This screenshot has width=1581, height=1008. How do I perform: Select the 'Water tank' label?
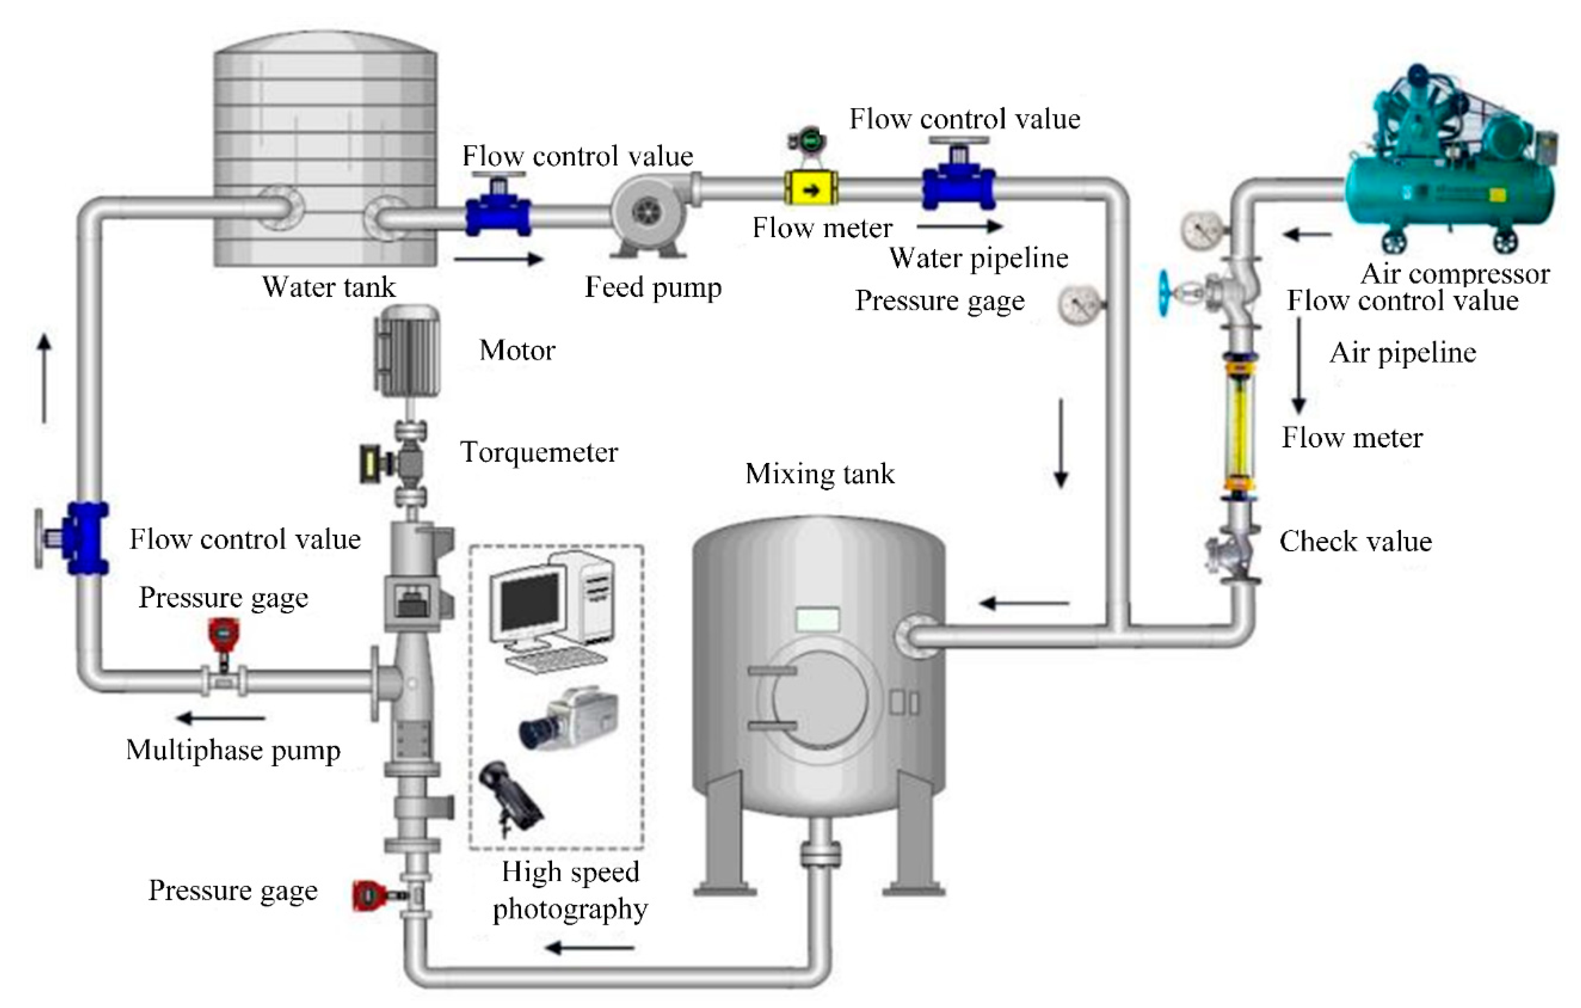328,287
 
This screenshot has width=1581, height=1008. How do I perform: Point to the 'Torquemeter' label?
539,452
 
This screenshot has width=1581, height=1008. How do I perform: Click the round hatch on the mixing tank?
819,699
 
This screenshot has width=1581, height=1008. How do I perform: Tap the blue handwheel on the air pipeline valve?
1165,293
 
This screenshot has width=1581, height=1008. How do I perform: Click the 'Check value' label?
1355,542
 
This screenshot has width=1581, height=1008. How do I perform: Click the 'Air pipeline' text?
1402,353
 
